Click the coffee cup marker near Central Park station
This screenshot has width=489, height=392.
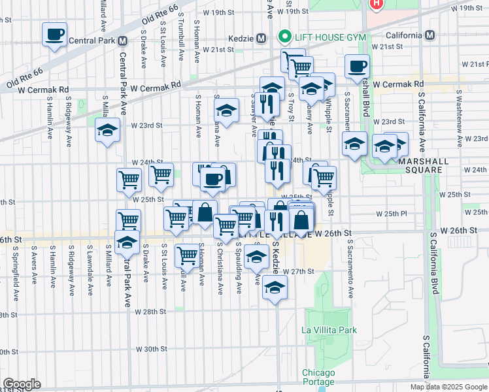(x=54, y=33)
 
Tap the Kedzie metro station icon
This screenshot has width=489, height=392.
(x=261, y=37)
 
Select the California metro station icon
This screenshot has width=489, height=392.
(x=430, y=35)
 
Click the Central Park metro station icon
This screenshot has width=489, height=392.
(x=122, y=40)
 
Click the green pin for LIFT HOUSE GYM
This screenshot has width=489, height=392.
(x=284, y=35)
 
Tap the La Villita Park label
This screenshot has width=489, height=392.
(x=329, y=330)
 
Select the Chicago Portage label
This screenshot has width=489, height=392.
(x=318, y=378)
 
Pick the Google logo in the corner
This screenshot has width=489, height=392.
(x=22, y=384)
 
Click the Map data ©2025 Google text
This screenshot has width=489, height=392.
(x=448, y=387)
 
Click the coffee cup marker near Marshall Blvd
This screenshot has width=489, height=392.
(x=357, y=66)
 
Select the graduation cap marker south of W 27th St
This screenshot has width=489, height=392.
(x=275, y=287)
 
